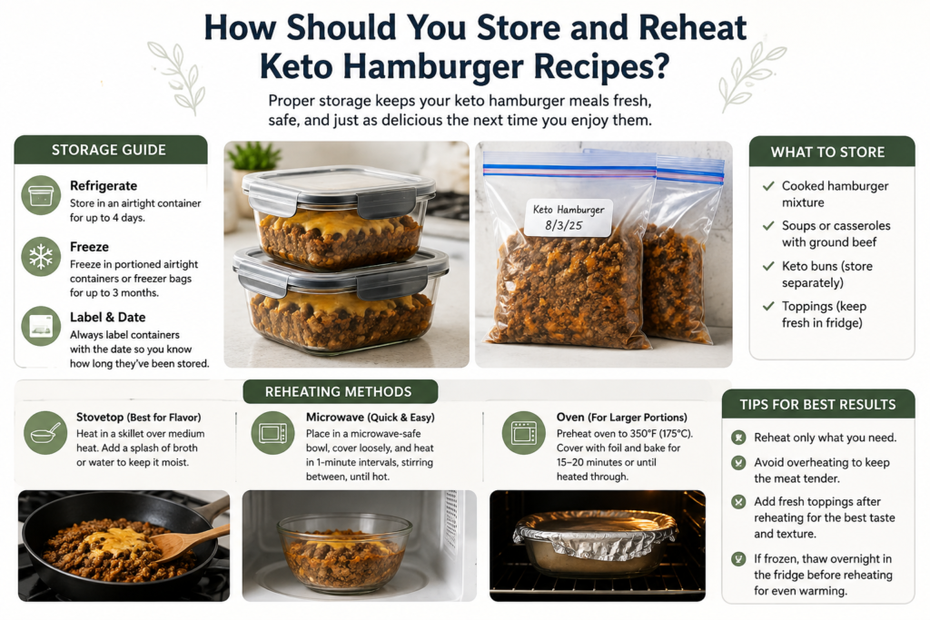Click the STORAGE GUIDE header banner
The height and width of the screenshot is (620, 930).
click(110, 150)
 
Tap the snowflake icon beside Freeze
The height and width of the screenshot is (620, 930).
click(41, 257)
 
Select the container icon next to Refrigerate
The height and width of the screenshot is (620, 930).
click(41, 195)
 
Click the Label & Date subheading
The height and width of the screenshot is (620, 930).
click(107, 317)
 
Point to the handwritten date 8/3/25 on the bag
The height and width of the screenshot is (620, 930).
click(563, 226)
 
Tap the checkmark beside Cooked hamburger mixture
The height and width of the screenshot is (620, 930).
click(768, 186)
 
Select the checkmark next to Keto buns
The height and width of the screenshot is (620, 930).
click(768, 266)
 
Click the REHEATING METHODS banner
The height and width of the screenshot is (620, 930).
click(340, 392)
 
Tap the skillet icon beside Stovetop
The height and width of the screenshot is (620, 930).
click(45, 433)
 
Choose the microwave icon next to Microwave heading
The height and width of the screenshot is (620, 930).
click(272, 433)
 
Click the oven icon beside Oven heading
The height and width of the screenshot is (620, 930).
click(524, 433)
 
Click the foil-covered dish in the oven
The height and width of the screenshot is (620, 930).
click(595, 541)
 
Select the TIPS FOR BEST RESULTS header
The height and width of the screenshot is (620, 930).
click(818, 405)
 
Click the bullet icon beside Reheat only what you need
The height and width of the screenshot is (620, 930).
click(738, 438)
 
